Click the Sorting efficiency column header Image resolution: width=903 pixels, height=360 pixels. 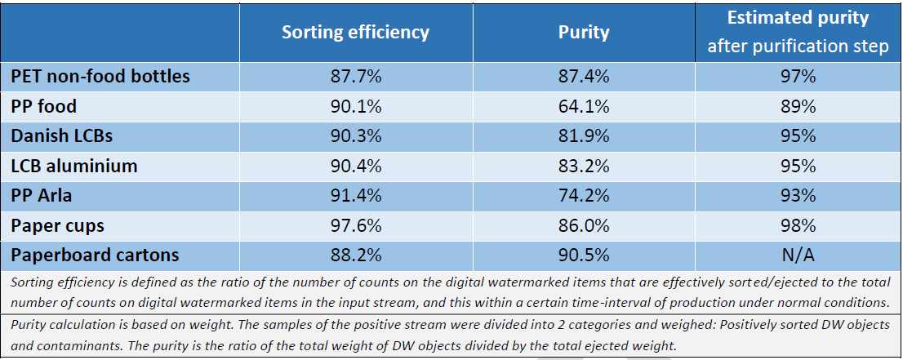pyautogui.click(x=355, y=32)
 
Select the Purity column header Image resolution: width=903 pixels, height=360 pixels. pyautogui.click(x=584, y=32)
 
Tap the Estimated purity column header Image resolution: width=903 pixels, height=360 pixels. pyautogui.click(x=798, y=32)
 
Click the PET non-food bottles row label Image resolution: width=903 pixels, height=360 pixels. pyautogui.click(x=100, y=76)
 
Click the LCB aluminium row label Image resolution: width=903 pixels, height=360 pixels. pyautogui.click(x=74, y=166)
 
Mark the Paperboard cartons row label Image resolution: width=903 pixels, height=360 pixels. pyautogui.click(x=95, y=255)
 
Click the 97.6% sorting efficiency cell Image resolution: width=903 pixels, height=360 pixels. pyautogui.click(x=355, y=225)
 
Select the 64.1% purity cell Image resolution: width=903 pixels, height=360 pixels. pyautogui.click(x=584, y=106)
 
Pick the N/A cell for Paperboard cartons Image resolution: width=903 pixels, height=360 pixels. pyautogui.click(x=798, y=255)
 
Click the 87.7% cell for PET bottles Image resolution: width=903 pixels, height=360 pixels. pyautogui.click(x=355, y=76)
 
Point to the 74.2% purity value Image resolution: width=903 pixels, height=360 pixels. pyautogui.click(x=584, y=196)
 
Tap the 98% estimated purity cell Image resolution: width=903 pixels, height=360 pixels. pyautogui.click(x=798, y=225)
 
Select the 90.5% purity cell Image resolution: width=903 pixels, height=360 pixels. pyautogui.click(x=584, y=255)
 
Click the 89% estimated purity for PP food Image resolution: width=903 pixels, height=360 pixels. pyautogui.click(x=798, y=106)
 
